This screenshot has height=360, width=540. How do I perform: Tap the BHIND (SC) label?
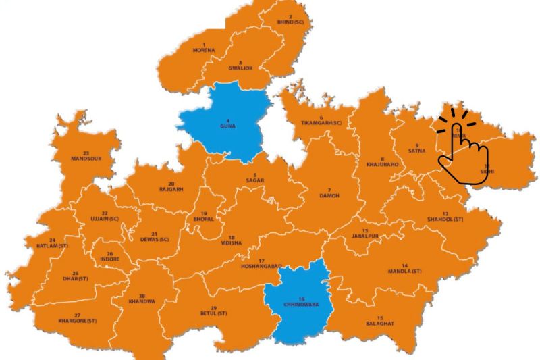[290, 22]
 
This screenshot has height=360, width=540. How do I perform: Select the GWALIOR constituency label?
[240, 68]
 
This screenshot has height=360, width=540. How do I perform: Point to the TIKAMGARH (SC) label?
[321, 122]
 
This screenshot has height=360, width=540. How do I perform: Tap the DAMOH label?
[329, 195]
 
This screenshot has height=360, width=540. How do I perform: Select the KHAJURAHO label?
[382, 164]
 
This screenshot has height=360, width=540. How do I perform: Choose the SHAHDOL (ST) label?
[445, 220]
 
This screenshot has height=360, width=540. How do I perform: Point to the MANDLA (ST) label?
[404, 271]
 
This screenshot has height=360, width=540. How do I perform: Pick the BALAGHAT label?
[380, 323]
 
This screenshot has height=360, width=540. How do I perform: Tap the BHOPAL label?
[203, 219]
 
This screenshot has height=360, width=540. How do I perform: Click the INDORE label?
[109, 259]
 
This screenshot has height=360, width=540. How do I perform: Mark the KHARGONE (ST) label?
[78, 320]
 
